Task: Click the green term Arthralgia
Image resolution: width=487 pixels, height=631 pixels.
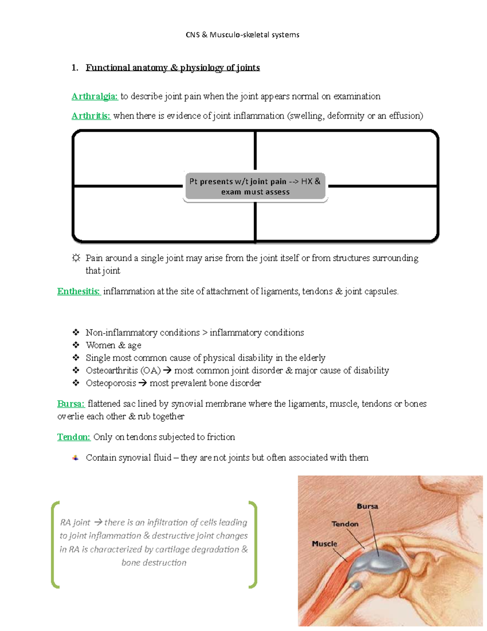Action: click(x=95, y=96)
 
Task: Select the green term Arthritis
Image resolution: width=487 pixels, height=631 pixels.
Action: click(x=91, y=116)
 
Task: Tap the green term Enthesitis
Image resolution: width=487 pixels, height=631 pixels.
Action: click(x=79, y=291)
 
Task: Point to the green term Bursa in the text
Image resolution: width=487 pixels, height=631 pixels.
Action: click(x=71, y=404)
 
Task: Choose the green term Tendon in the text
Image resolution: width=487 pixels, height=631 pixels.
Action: click(x=73, y=437)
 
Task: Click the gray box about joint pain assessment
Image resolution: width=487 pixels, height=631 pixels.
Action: click(x=255, y=187)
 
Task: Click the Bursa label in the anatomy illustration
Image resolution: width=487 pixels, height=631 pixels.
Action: click(x=367, y=506)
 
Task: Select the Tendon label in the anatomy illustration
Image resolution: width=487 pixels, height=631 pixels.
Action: click(x=345, y=524)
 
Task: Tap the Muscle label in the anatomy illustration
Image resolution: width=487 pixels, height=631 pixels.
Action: click(x=324, y=544)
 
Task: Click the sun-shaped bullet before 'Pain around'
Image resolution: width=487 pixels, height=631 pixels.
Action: click(x=76, y=258)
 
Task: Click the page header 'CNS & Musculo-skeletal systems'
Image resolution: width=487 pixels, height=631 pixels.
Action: click(x=243, y=35)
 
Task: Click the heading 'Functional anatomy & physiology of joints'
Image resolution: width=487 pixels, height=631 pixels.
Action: click(x=172, y=68)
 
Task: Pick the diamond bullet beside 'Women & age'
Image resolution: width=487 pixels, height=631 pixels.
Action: click(x=76, y=345)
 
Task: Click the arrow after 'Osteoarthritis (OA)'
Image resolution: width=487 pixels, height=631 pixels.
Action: click(x=167, y=371)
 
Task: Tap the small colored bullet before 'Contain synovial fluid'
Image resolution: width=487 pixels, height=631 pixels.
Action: click(x=75, y=458)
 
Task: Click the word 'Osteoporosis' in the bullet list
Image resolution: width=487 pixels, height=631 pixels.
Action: click(x=111, y=383)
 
